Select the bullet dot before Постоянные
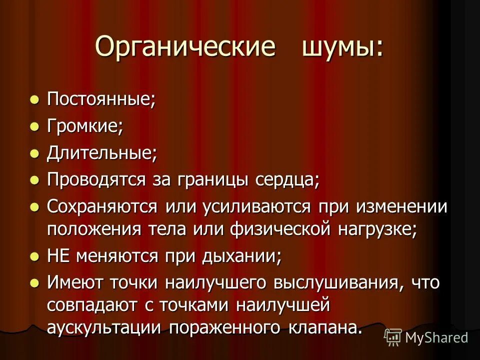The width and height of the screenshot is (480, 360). coord(34,99)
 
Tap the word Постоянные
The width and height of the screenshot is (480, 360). coord(101,99)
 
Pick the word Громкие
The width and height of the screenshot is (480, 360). coord(85,126)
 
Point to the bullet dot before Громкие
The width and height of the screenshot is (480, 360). coord(34,126)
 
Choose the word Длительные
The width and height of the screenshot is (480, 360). coord(102,153)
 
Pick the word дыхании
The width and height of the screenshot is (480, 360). coord(242,256)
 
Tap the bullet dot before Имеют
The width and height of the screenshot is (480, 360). coord(34,283)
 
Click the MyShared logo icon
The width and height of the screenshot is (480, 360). coord(393,337)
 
